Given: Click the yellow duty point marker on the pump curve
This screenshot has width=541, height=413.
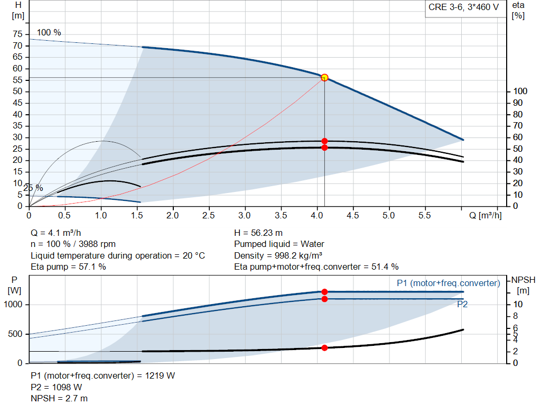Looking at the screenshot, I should point(324,78).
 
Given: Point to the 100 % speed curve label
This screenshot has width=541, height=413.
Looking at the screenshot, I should point(49,33).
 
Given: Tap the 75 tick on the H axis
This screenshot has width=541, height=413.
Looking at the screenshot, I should point(18,34).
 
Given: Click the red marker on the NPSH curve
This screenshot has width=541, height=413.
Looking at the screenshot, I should point(324,348).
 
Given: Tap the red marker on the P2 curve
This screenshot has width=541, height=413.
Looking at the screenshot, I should point(324,299).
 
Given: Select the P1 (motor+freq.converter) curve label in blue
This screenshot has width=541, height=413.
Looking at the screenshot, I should point(448,283).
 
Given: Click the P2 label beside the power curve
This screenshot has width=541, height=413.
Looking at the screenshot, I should point(462,305).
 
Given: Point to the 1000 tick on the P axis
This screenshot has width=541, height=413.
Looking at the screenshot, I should point(14,305).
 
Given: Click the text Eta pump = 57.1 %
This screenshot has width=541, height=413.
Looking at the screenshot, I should point(68,267).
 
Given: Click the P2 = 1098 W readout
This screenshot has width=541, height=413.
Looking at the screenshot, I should point(57,387).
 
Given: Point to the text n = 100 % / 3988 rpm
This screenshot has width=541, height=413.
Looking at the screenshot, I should point(73,244).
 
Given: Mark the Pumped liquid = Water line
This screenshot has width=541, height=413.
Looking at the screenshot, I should point(279,244).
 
